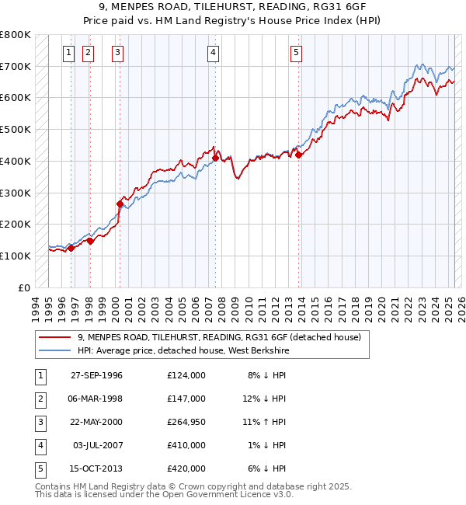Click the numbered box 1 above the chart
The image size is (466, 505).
(x=68, y=53)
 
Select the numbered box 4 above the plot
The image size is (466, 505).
(x=213, y=53)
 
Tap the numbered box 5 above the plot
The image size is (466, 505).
(x=297, y=53)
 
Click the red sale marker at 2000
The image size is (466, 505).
(x=120, y=204)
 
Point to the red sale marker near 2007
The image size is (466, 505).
(x=215, y=158)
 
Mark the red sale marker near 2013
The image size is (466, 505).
(x=299, y=155)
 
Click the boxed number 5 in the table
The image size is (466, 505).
(x=39, y=468)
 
